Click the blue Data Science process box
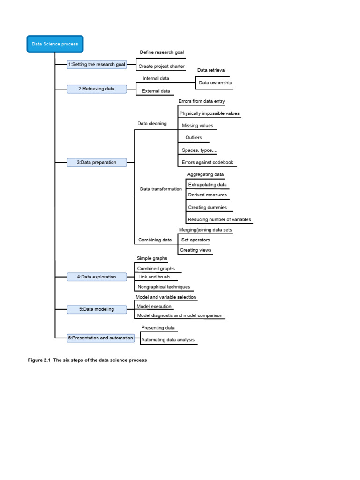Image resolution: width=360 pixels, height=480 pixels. pyautogui.click(x=55, y=44)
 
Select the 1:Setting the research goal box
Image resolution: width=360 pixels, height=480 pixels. pyautogui.click(x=97, y=64)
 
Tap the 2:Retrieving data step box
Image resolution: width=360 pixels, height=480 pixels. pyautogui.click(x=97, y=89)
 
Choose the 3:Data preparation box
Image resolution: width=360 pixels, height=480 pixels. pyautogui.click(x=97, y=163)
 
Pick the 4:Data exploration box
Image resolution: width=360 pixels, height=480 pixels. pyautogui.click(x=97, y=277)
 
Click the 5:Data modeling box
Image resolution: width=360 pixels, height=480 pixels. pyautogui.click(x=97, y=309)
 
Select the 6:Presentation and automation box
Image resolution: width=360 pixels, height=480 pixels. pyautogui.click(x=100, y=337)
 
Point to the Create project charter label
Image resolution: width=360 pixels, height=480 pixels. pyautogui.click(x=161, y=67)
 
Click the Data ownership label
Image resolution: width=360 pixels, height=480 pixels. pyautogui.click(x=215, y=83)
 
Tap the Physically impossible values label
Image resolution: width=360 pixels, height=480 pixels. pyautogui.click(x=209, y=113)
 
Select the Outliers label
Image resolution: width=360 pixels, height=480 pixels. pyautogui.click(x=194, y=138)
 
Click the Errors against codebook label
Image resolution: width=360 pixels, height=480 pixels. pyautogui.click(x=207, y=163)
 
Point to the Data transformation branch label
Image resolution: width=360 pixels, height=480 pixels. pyautogui.click(x=161, y=189)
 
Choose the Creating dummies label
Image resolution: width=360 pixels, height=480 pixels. pyautogui.click(x=207, y=207)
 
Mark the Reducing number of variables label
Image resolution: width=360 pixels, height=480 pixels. pyautogui.click(x=219, y=219)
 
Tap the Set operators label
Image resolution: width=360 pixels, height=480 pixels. pyautogui.click(x=195, y=240)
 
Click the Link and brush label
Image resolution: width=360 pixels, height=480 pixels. pyautogui.click(x=154, y=277)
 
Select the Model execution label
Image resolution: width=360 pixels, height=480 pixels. pyautogui.click(x=154, y=307)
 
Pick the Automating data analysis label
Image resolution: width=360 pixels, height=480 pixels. pyautogui.click(x=168, y=340)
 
